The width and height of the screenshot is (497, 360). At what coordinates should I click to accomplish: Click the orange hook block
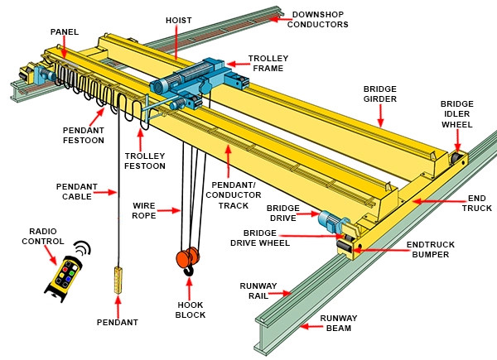(187, 260)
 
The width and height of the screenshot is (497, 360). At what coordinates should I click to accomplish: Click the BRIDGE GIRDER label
(380, 93)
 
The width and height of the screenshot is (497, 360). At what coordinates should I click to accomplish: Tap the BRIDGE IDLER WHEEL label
(456, 113)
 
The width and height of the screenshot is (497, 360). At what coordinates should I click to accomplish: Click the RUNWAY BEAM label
(339, 323)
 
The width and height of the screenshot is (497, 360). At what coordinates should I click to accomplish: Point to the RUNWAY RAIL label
(258, 290)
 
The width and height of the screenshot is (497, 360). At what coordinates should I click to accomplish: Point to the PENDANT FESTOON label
(83, 135)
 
